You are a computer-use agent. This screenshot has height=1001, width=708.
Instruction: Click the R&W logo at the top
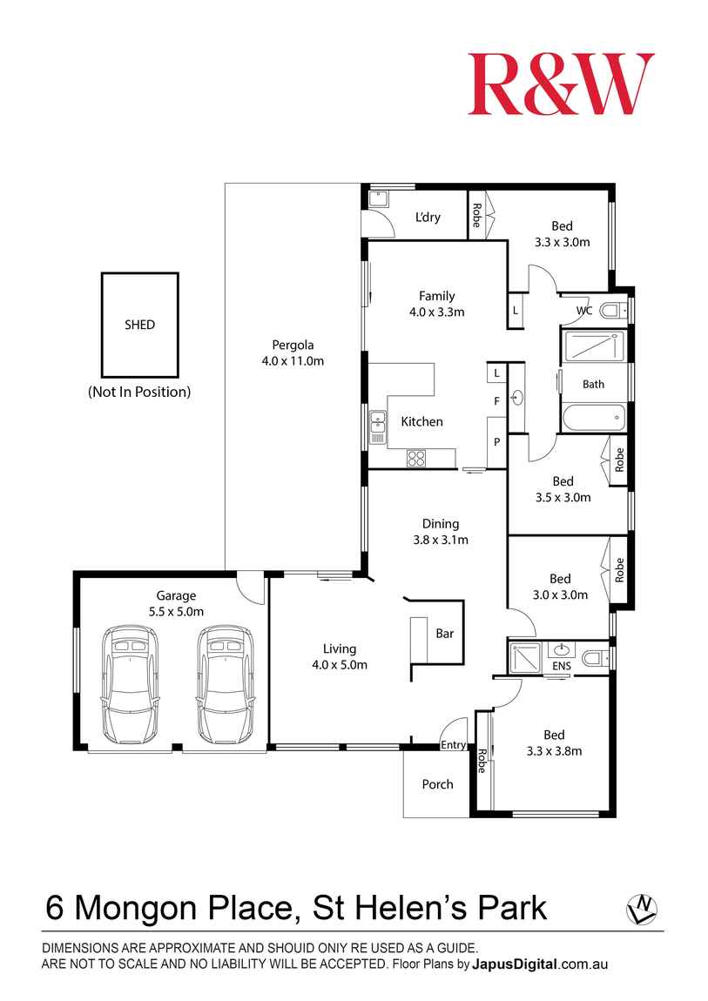[x=561, y=84]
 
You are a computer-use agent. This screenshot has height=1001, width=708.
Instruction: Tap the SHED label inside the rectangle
[x=139, y=325]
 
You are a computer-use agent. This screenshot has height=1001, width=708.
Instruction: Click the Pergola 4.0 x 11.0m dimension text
[x=293, y=360]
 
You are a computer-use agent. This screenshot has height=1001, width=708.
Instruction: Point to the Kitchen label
[x=421, y=421]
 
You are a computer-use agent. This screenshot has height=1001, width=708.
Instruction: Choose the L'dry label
[x=428, y=217]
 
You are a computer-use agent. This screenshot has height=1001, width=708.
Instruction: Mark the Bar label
[x=444, y=634]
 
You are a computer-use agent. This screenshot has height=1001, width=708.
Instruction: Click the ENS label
[x=563, y=667]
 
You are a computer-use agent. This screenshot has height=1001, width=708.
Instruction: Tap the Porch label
[x=437, y=784]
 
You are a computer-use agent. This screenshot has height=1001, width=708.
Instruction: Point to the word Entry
[x=453, y=745]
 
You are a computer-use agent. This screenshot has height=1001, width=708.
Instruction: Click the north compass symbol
[x=641, y=909]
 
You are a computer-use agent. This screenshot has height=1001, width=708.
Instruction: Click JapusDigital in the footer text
[x=515, y=964]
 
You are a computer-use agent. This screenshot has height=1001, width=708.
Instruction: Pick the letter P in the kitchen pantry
[x=496, y=441]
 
